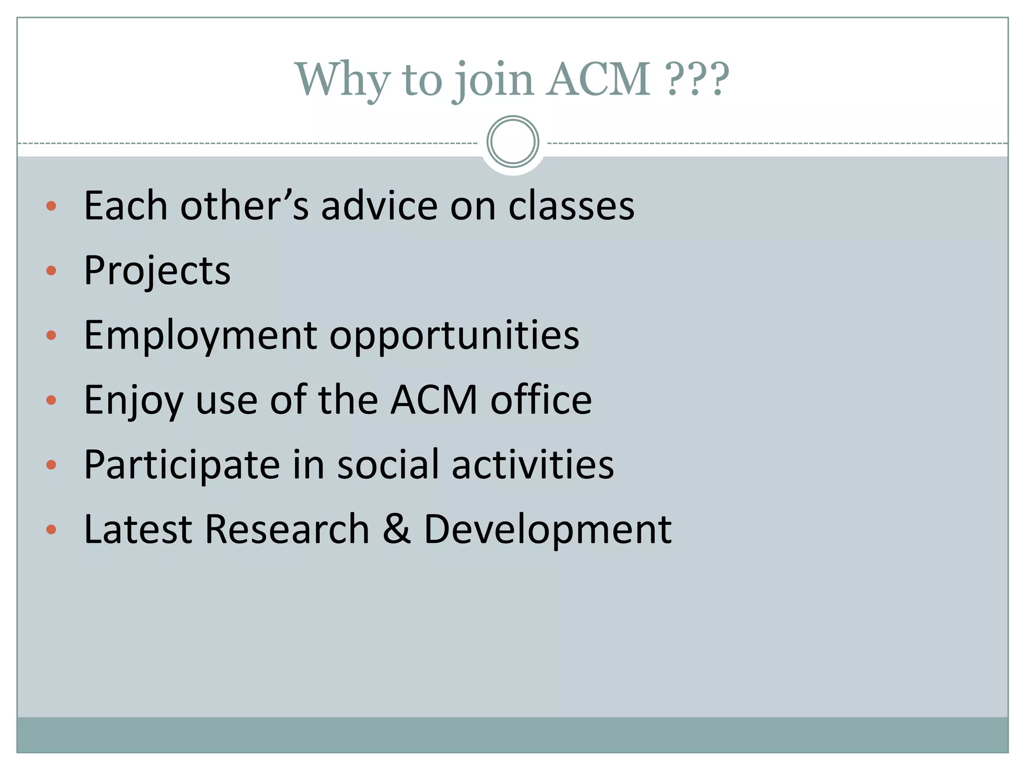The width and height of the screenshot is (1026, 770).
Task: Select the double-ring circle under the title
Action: pyautogui.click(x=512, y=142)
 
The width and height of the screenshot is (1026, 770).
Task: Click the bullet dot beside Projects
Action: pyautogui.click(x=51, y=271)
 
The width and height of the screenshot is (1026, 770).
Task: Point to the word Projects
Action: pyautogui.click(x=157, y=271)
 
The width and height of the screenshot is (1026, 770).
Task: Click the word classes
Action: pyautogui.click(x=571, y=206)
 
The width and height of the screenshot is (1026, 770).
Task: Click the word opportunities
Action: pyautogui.click(x=454, y=335)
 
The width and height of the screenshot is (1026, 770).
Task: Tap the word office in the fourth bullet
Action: pyautogui.click(x=541, y=400)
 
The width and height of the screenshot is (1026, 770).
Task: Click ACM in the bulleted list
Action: pyautogui.click(x=434, y=400)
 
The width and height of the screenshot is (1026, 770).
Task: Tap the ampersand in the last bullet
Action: pyautogui.click(x=396, y=529)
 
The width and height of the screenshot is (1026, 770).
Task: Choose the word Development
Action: pyautogui.click(x=548, y=530)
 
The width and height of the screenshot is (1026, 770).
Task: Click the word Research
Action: pyautogui.click(x=287, y=529)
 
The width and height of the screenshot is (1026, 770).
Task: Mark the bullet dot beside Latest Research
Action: pyautogui.click(x=51, y=529)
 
